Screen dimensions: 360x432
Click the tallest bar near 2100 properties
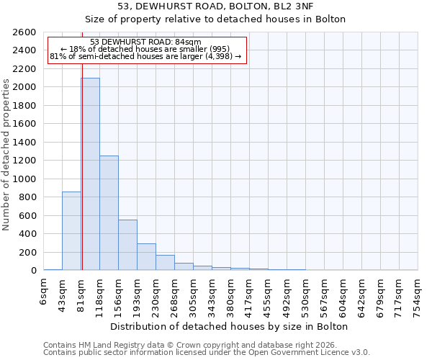(x=90, y=174)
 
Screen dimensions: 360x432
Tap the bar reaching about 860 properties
(x=71, y=230)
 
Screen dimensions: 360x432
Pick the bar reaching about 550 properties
(x=127, y=245)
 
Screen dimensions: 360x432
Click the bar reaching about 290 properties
(x=146, y=257)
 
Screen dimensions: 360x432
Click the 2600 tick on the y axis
(x=26, y=32)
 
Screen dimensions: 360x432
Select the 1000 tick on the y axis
(x=26, y=179)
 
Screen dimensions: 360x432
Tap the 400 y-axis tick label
(x=29, y=234)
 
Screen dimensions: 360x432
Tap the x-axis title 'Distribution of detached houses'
(x=230, y=326)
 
